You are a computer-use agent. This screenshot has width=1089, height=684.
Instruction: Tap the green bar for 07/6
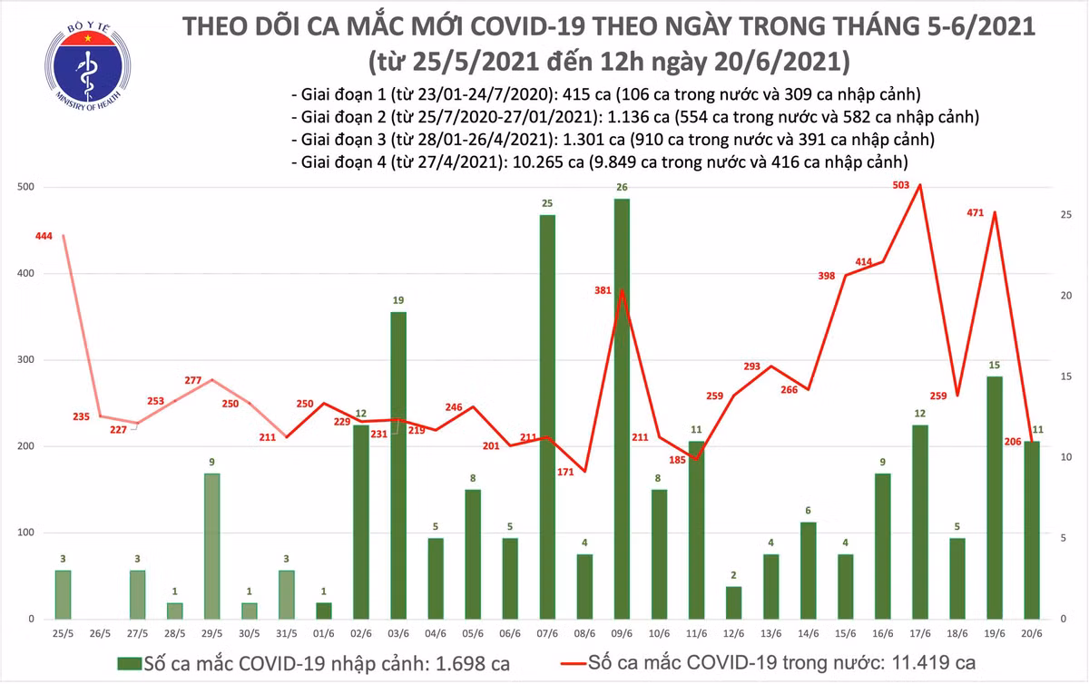(548, 417)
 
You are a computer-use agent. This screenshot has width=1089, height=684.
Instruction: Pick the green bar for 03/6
(398, 465)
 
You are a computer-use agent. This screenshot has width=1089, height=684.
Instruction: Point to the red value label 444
(44, 236)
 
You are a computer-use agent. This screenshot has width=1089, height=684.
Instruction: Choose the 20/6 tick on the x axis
(1033, 631)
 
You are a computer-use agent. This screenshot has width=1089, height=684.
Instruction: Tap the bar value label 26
(623, 188)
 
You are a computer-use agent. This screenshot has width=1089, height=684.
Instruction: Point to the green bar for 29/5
(211, 546)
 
